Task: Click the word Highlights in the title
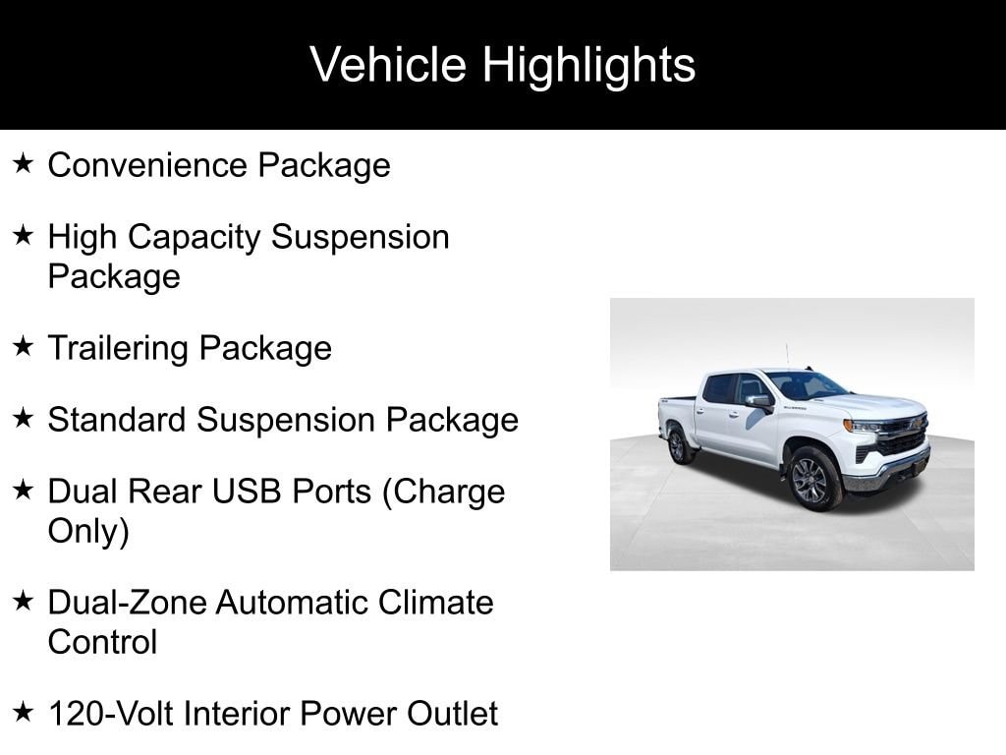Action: [588, 66]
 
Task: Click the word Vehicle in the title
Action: [388, 66]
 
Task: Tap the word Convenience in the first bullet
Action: [147, 165]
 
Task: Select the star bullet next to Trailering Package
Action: [24, 346]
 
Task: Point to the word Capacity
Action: [194, 238]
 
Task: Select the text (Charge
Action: [442, 492]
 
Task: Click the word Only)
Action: [88, 532]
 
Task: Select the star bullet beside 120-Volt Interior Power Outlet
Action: [24, 711]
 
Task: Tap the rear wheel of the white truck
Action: [679, 445]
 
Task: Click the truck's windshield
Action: [805, 384]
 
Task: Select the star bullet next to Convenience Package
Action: [24, 163]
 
